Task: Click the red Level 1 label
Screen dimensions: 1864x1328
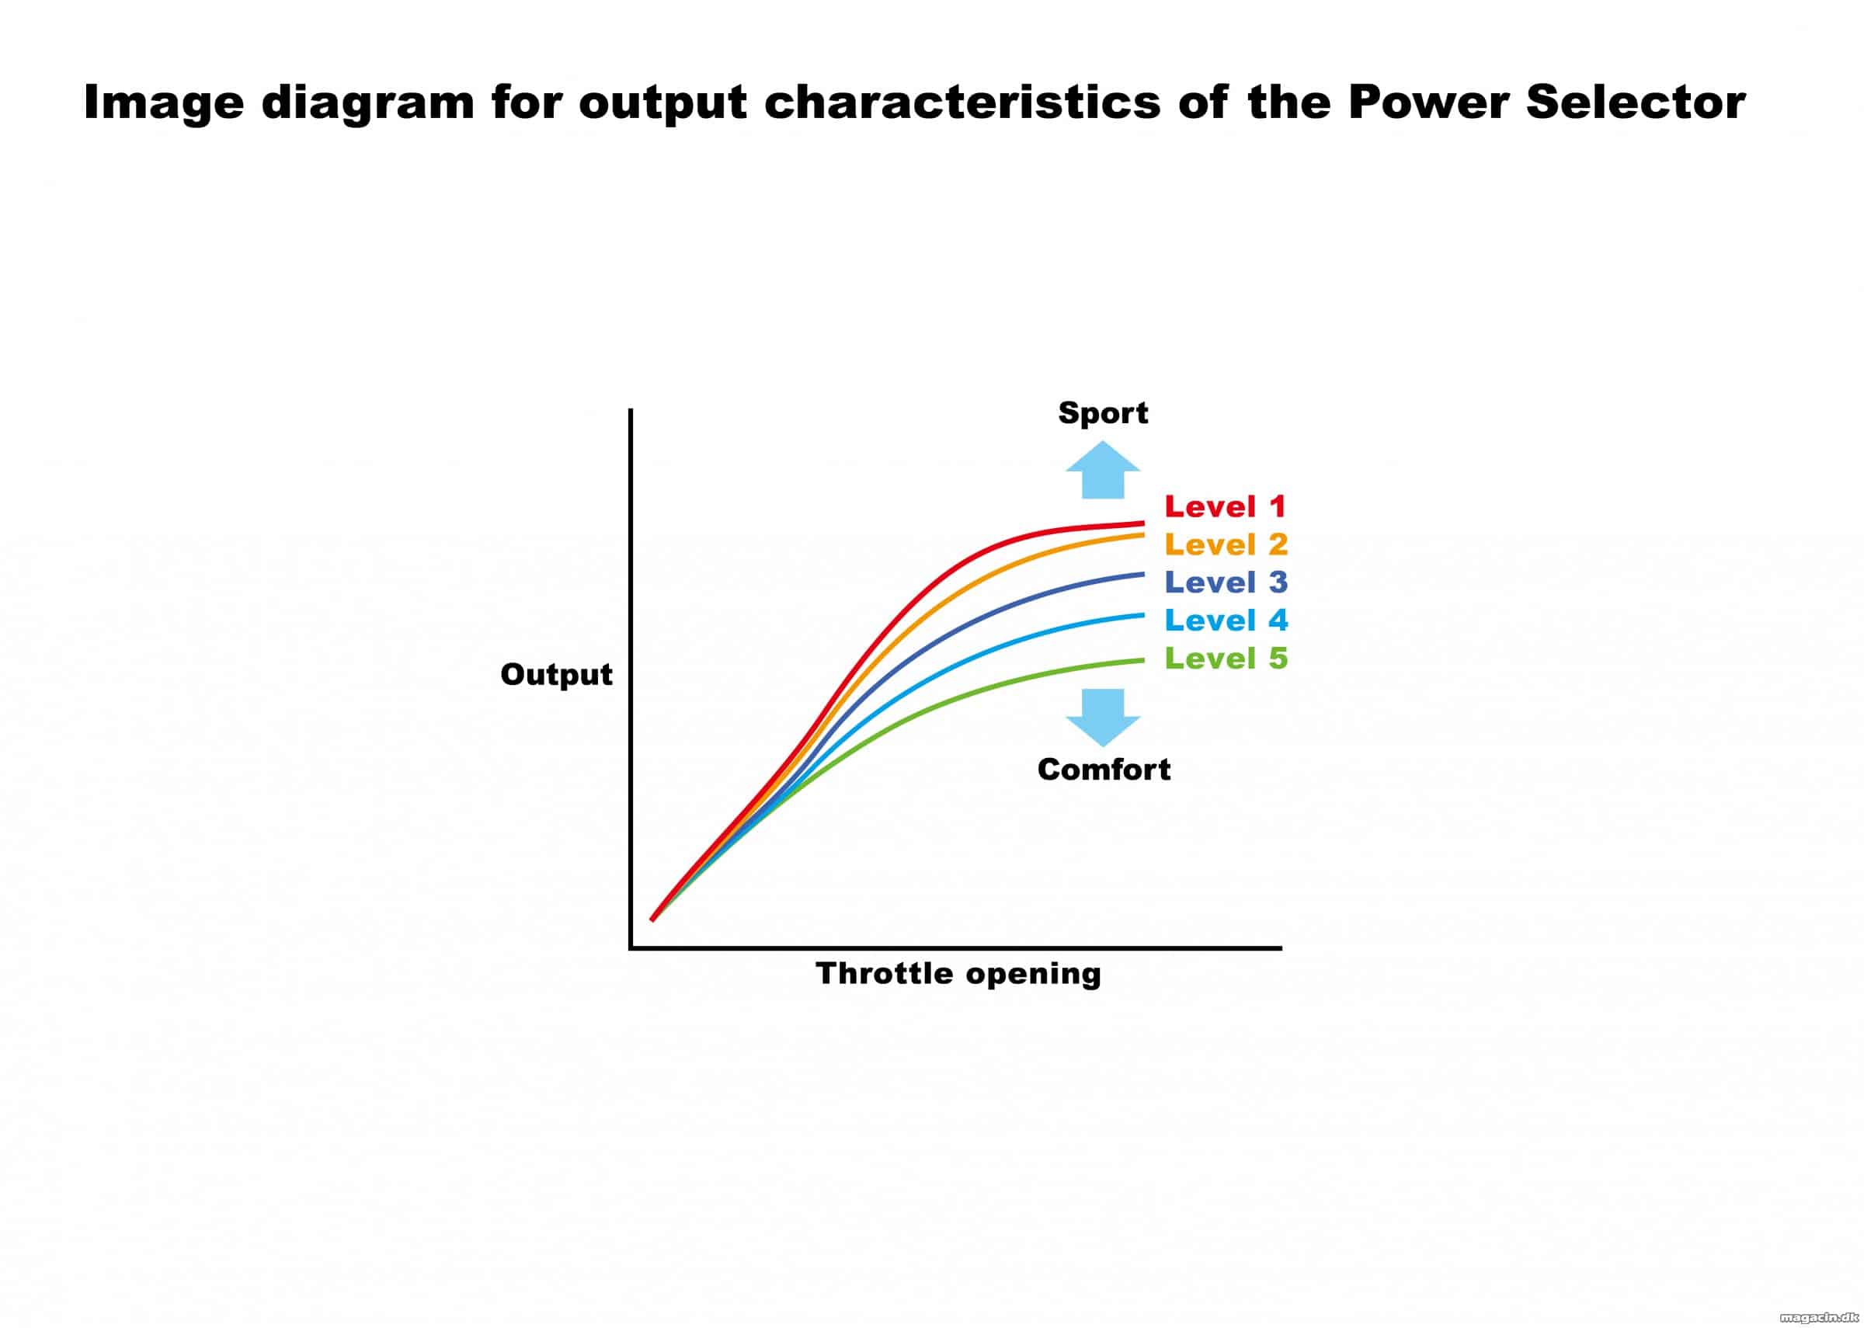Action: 1225,507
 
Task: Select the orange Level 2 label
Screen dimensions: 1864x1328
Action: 1226,544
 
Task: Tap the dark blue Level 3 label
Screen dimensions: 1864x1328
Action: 1226,582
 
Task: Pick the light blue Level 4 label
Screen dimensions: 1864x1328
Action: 1226,621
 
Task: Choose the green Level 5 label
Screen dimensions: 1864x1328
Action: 1226,659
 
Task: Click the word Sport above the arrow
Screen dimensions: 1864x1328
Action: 1103,414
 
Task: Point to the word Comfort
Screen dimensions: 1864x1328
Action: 1104,770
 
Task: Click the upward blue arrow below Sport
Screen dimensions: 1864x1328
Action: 1103,470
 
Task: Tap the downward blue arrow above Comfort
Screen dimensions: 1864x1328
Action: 1103,718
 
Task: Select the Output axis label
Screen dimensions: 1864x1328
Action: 556,676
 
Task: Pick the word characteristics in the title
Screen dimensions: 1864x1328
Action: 962,103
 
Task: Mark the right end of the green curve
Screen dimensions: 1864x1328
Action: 1143,660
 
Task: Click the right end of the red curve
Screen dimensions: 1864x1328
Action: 1143,523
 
